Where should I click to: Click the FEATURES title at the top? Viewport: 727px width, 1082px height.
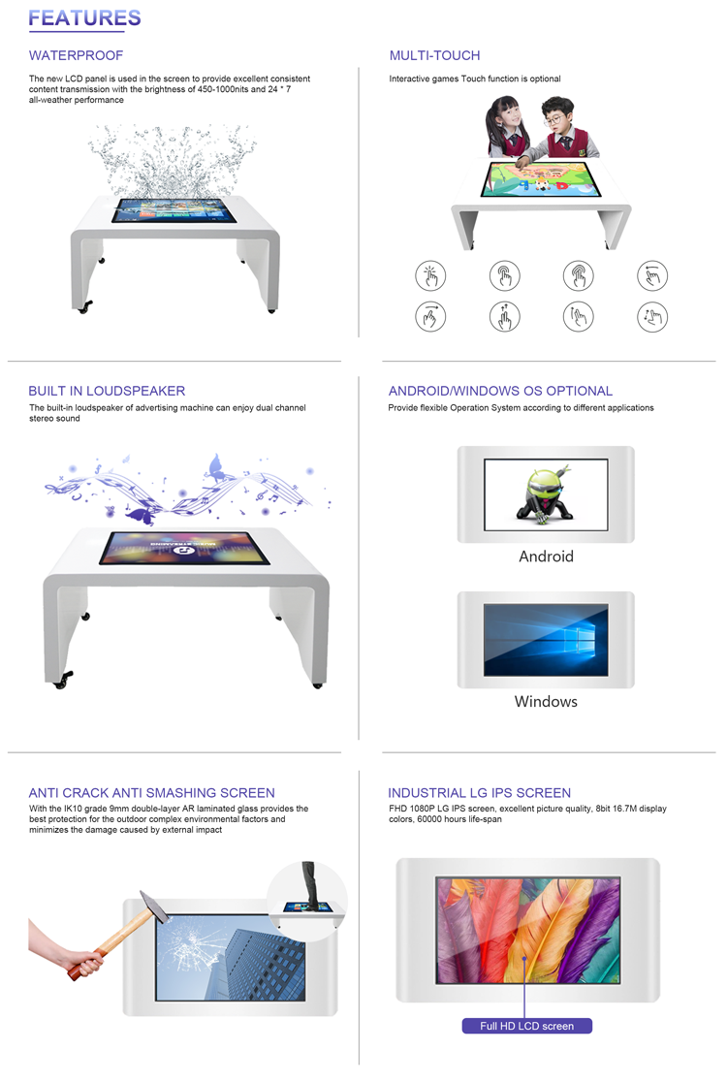click(84, 18)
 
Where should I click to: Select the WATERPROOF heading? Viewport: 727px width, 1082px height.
click(76, 55)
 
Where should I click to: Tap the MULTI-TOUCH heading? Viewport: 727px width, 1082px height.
click(434, 55)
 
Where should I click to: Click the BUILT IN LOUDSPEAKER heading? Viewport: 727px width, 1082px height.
click(107, 391)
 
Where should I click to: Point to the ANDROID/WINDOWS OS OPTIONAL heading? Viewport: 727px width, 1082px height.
click(500, 391)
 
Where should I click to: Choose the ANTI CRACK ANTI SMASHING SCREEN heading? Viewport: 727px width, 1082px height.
click(152, 793)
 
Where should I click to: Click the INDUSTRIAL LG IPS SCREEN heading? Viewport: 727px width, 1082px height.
click(480, 793)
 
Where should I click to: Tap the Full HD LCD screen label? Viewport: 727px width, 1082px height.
click(527, 1026)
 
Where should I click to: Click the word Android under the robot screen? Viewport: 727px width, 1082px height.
click(547, 557)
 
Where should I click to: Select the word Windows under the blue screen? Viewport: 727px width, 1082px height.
click(546, 701)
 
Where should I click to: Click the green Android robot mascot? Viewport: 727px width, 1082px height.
click(545, 493)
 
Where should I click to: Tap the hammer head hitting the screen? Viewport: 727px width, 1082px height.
click(154, 906)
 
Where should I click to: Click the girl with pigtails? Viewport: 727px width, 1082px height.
click(506, 128)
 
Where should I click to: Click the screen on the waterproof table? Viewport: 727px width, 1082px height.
click(174, 210)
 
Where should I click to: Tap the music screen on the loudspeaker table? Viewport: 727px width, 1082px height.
click(184, 548)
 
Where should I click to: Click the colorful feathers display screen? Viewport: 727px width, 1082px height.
click(528, 930)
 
